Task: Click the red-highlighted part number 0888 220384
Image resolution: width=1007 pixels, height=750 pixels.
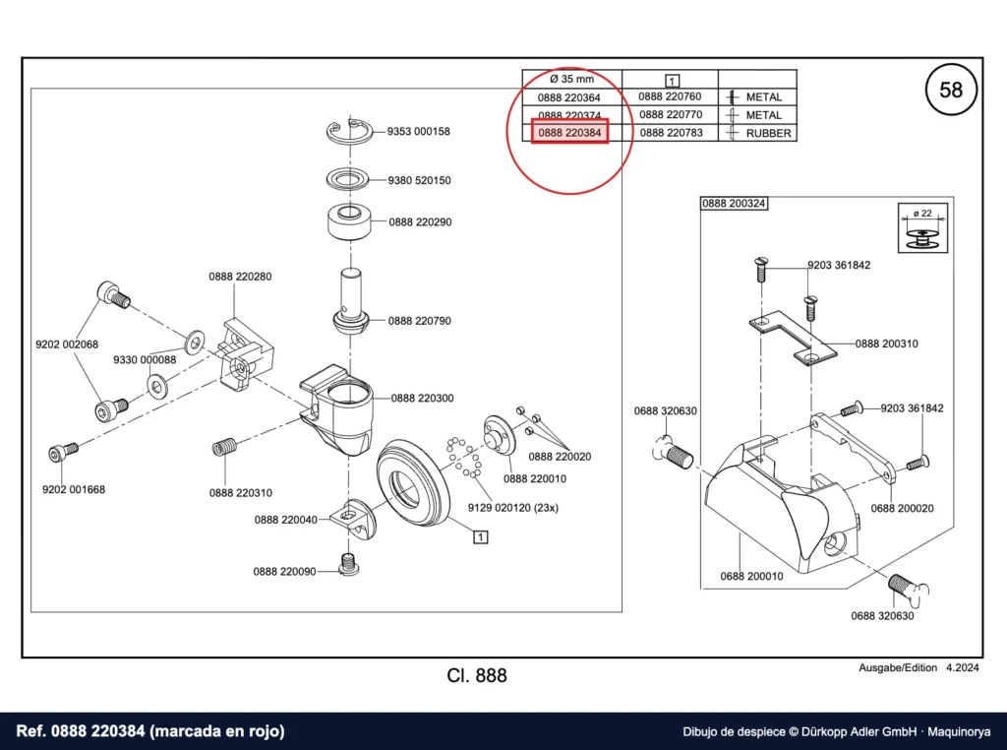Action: [569, 133]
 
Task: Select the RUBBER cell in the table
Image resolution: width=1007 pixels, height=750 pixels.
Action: [768, 133]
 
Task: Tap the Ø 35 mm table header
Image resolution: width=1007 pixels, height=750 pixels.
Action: [571, 79]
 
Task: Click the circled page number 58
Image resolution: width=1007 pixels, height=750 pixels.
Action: [951, 90]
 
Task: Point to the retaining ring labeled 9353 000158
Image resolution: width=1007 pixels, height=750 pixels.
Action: [350, 132]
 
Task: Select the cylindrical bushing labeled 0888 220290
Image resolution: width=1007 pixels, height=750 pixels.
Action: [350, 221]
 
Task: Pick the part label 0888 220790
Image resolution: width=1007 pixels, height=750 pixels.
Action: [419, 320]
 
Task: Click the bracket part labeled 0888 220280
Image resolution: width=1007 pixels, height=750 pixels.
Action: [247, 358]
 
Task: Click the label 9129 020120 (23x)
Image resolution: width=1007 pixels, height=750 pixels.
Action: [512, 508]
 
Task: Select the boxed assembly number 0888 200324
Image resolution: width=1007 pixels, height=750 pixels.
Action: [734, 203]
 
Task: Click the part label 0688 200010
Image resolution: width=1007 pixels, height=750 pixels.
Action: [751, 576]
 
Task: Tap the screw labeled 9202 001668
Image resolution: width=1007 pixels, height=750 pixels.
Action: [63, 451]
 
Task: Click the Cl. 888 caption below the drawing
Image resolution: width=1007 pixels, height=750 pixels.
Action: [477, 675]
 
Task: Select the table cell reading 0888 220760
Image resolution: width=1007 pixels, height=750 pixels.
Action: [670, 96]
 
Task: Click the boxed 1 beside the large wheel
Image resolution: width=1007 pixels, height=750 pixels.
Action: [480, 536]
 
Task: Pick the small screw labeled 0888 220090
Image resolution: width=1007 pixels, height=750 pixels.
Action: [349, 564]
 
